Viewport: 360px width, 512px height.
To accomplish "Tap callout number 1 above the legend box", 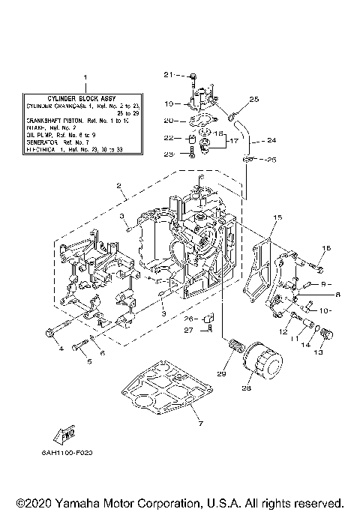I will [85, 77].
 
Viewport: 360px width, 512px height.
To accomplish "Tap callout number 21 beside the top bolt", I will [168, 74].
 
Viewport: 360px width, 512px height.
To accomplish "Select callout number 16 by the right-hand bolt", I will [326, 247].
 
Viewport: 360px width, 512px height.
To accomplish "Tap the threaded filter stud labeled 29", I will [237, 348].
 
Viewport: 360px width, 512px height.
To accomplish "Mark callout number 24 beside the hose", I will [271, 140].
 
